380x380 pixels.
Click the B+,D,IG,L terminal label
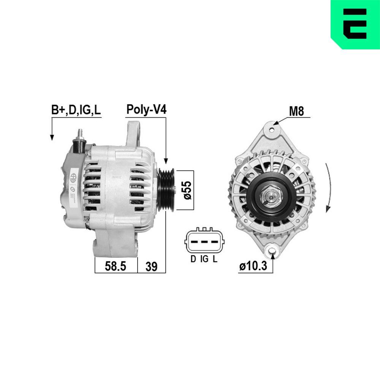76,110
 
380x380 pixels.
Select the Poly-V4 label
146,110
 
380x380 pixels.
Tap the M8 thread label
296,111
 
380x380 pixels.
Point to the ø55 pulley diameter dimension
187,190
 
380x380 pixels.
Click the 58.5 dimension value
115,267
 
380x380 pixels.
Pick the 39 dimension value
151,267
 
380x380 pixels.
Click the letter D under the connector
193,260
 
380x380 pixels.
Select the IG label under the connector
204,260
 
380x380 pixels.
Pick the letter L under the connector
215,260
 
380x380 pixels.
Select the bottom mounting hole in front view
272,250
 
